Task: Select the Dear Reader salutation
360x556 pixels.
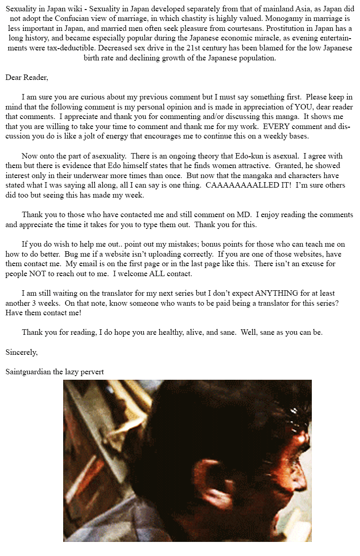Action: [26, 77]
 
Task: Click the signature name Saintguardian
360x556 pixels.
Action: [28, 372]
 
